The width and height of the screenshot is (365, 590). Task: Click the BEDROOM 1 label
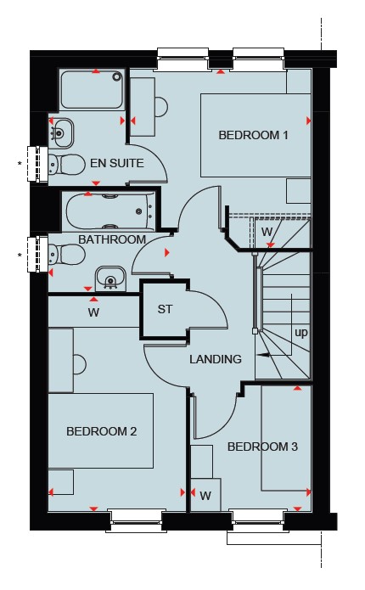253,135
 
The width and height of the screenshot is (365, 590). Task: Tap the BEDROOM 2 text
101,431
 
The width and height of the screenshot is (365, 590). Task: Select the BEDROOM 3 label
262,447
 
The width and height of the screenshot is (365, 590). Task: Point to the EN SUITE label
117,163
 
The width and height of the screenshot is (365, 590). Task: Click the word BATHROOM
112,239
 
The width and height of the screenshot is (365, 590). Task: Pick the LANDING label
216,359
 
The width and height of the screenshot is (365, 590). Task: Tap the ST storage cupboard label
165,309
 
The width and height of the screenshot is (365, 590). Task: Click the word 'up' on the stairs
301,334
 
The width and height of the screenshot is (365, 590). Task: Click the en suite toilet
67,165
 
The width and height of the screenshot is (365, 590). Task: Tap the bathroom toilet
67,255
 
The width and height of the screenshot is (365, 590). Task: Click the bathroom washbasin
110,278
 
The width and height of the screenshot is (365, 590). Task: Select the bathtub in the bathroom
110,211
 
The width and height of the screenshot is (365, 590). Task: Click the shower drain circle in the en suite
117,76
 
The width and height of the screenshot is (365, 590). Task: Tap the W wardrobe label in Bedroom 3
205,497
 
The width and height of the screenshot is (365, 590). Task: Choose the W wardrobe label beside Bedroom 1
267,232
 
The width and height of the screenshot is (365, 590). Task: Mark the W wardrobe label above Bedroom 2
93,312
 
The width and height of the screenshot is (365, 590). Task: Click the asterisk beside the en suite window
20,164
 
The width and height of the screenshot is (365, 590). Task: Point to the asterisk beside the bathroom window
20,256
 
